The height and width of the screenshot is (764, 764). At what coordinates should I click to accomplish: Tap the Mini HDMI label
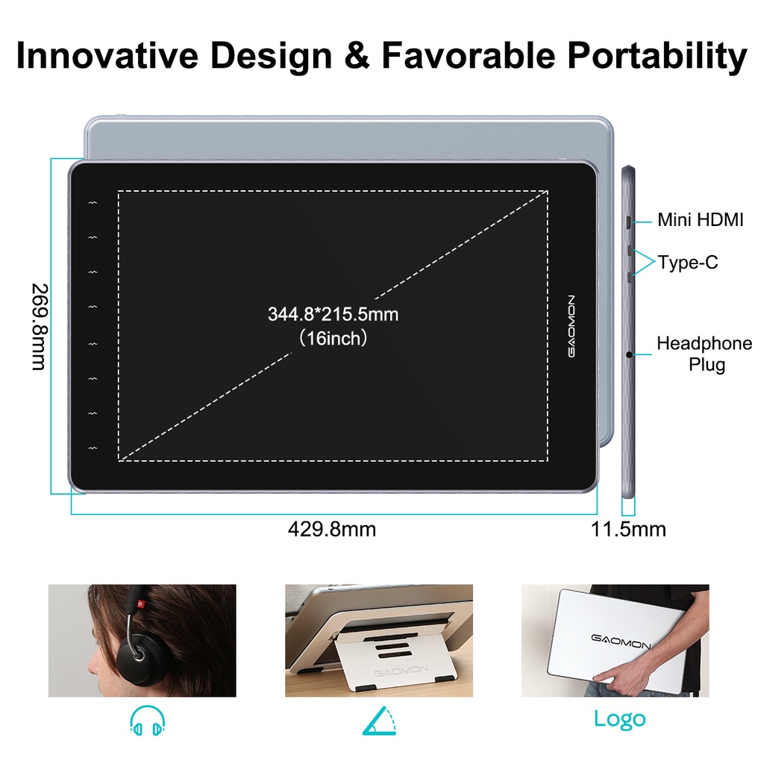pos(700,220)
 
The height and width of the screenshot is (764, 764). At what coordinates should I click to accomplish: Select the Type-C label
pos(688,263)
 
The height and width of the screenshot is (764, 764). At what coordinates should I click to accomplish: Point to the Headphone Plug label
pos(704,354)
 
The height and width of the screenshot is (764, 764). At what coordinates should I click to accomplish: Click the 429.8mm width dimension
pos(332,529)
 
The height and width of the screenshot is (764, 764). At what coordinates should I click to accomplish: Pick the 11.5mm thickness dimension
pos(628,529)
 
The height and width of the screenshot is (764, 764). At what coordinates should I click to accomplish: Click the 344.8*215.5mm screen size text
pos(333,314)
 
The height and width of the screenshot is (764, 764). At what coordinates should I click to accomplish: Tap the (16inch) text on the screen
pos(333,339)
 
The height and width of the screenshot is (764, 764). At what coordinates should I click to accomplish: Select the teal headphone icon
pos(147,719)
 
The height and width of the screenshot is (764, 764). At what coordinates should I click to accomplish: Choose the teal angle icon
pos(380,721)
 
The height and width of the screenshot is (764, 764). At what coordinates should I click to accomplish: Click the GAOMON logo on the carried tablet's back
pos(621,639)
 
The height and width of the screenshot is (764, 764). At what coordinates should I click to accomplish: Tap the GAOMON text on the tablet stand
pos(401,671)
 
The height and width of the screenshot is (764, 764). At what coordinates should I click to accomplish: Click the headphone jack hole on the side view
pos(630,354)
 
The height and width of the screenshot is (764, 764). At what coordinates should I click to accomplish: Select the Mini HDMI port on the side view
pos(630,221)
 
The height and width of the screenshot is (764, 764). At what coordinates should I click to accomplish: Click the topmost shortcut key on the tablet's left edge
pos(93,202)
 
